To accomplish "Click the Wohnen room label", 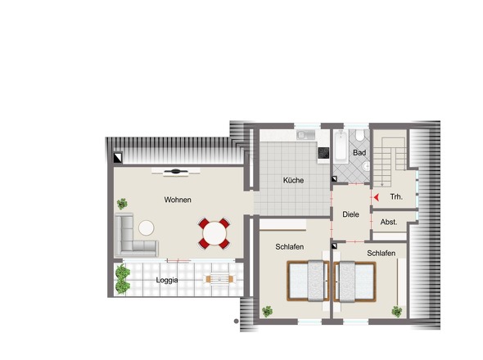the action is pos(178,200).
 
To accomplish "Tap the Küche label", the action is pos(293,180).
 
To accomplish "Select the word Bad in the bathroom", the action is pos(359,152).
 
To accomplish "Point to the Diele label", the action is pos(350,214).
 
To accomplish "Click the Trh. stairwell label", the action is pos(396,196).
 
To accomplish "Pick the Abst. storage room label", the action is pos(389,222).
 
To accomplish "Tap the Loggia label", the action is pos(167,281).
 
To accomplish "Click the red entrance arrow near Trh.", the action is pos(376,197).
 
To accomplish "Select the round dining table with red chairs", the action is pos(214,233).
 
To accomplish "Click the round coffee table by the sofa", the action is pos(147,228).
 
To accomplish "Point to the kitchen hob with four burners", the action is pos(323,153).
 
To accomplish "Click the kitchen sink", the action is pos(306,135).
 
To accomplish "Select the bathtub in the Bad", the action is pos(341,146).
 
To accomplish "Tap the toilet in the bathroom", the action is pos(359,135).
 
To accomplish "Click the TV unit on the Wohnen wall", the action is pos(176,172).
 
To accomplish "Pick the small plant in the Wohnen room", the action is pos(122,204).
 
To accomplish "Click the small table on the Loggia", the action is pos(219,279).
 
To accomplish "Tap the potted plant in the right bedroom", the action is pos(397,312).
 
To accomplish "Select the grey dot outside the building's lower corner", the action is pos(237,322).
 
